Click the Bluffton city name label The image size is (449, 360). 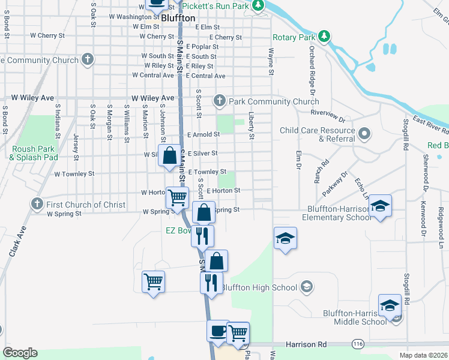coord(178,19)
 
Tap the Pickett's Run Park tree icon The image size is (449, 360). coord(258,6)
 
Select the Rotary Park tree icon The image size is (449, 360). coord(324,37)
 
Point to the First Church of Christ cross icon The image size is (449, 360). coord(37,205)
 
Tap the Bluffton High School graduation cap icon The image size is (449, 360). coord(307,287)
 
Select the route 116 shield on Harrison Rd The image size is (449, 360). coord(358,344)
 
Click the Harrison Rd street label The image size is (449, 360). coord(306,344)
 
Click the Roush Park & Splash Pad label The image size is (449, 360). coord(33,153)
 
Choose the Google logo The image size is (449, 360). coord(20,353)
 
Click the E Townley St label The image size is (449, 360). coord(207,172)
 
